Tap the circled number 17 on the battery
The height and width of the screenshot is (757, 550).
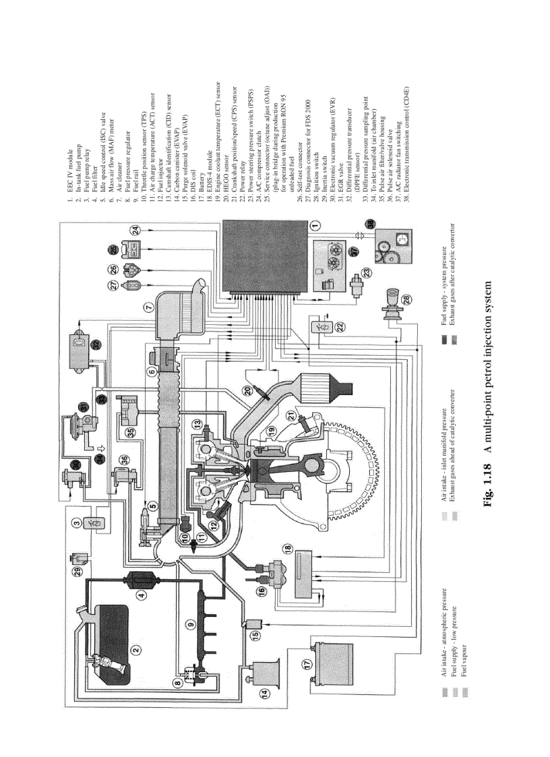307,663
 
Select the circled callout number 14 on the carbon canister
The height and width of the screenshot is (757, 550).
264,692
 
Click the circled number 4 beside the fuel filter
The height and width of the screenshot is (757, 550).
142,595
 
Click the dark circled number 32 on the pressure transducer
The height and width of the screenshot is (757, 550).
96,343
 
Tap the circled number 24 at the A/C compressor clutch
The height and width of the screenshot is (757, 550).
137,231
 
